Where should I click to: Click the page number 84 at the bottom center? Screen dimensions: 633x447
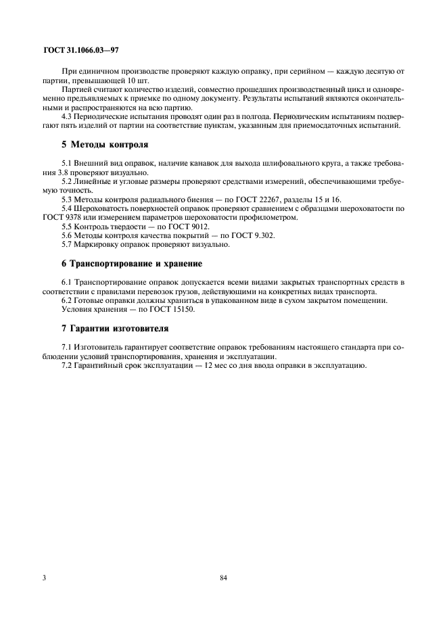223,578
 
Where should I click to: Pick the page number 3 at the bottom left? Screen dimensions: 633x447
44,578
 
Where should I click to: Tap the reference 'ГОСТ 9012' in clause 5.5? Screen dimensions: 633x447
191,226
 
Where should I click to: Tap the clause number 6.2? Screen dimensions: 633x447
68,300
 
